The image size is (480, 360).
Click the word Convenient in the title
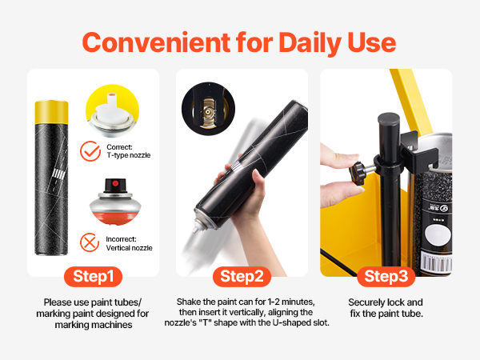pyautogui.click(x=157, y=42)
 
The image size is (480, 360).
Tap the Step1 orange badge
pyautogui.click(x=93, y=277)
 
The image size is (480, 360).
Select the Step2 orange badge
pyautogui.click(x=242, y=277)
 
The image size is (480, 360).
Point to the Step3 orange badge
pyautogui.click(x=386, y=277)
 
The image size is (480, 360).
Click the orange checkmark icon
pyautogui.click(x=90, y=151)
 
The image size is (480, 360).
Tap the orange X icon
pyautogui.click(x=90, y=242)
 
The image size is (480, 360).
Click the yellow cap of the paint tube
pyautogui.click(x=51, y=112)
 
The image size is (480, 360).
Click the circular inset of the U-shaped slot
pyautogui.click(x=208, y=109)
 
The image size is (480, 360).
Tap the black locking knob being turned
pyautogui.click(x=358, y=174)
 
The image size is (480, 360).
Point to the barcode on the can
pyautogui.click(x=437, y=262)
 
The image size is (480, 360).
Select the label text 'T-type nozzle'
pyautogui.click(x=129, y=155)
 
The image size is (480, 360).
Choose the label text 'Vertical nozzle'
pyautogui.click(x=129, y=248)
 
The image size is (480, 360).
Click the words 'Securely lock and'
pyautogui.click(x=386, y=302)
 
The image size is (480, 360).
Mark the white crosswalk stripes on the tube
pyautogui.click(x=58, y=174)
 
